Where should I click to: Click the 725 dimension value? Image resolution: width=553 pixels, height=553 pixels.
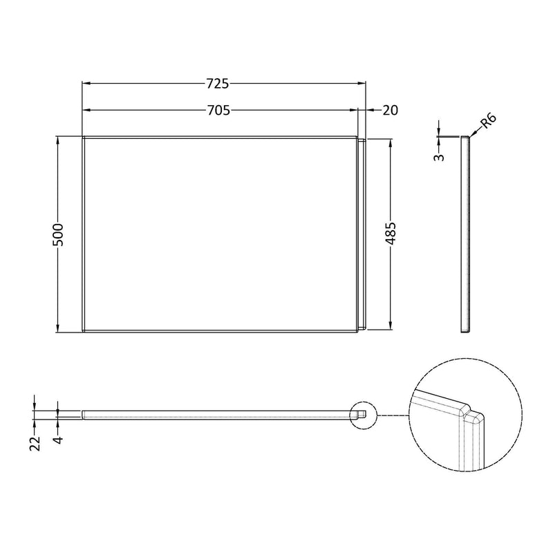(x=217, y=84)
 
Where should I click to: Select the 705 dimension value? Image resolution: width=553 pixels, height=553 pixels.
(x=218, y=110)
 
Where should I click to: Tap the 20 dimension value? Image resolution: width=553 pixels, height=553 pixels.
(x=389, y=110)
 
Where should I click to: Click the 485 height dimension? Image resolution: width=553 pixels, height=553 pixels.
(x=391, y=233)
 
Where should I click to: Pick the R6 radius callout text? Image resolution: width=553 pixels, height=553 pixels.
(x=487, y=124)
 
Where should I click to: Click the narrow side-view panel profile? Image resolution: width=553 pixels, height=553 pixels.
(x=465, y=233)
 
